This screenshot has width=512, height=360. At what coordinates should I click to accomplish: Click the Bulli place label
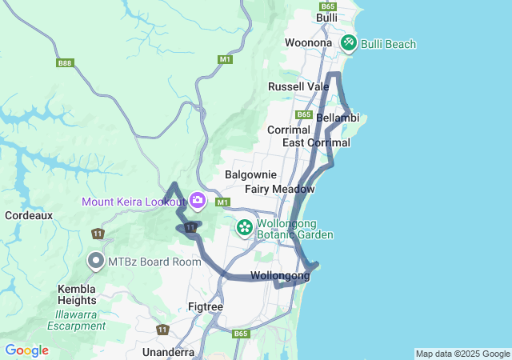[326, 18]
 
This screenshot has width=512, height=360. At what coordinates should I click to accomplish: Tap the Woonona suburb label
[308, 42]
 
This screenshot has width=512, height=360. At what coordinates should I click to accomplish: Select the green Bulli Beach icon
[349, 43]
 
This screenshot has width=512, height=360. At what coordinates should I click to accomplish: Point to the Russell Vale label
[298, 86]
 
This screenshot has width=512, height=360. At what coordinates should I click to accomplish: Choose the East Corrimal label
[316, 142]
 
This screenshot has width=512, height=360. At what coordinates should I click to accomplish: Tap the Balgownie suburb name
[250, 174]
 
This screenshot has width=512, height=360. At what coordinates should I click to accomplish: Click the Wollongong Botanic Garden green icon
[244, 228]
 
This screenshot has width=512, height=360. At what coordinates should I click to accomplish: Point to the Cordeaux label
[29, 215]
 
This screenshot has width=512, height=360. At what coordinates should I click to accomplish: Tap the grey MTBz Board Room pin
[96, 261]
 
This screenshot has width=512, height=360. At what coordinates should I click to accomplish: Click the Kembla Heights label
[77, 294]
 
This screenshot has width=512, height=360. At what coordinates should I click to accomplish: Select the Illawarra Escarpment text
[76, 319]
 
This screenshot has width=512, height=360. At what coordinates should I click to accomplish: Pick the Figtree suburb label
[205, 306]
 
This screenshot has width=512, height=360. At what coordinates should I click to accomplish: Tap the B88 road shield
[65, 63]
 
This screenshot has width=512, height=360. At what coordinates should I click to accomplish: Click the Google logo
[26, 350]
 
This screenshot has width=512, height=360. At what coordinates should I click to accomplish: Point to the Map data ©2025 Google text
[462, 354]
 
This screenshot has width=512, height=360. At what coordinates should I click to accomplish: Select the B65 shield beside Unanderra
[241, 334]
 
